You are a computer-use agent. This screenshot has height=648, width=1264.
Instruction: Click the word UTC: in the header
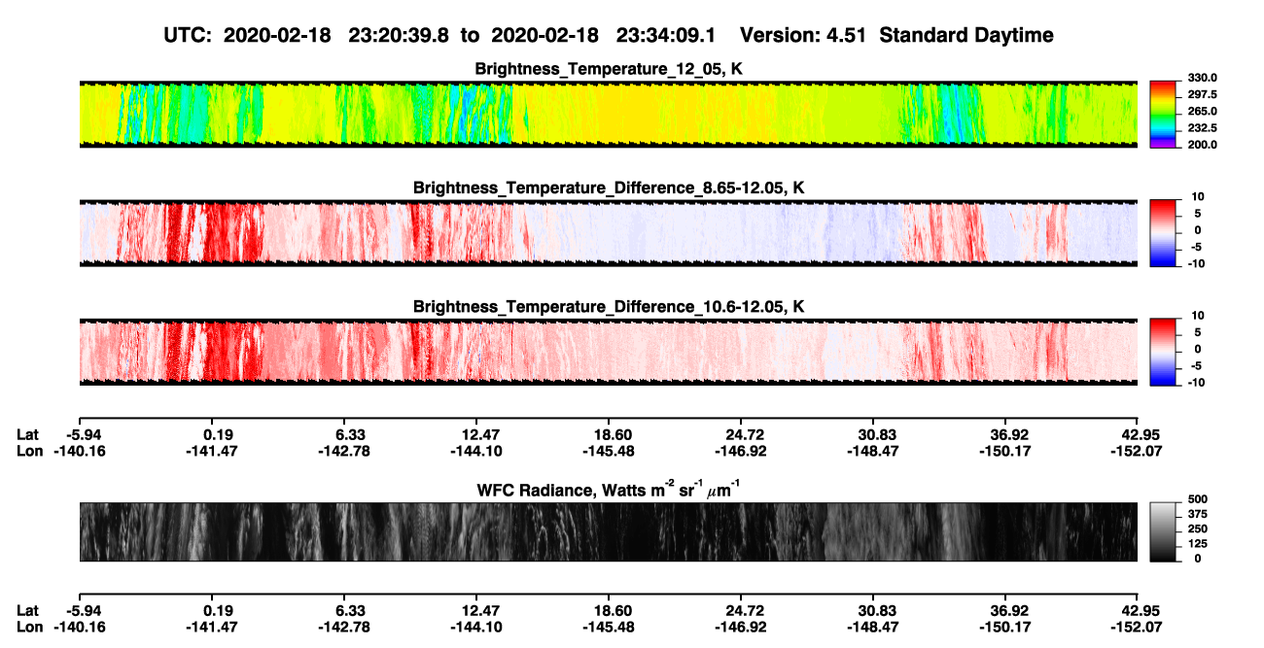[x=188, y=36]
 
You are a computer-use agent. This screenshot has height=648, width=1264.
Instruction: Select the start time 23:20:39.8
[x=399, y=36]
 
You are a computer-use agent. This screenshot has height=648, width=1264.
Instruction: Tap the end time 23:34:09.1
[x=666, y=36]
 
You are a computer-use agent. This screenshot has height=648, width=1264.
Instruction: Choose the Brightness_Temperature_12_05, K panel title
[x=609, y=69]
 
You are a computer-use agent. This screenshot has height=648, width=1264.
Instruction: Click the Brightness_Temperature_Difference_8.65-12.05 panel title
[x=609, y=188]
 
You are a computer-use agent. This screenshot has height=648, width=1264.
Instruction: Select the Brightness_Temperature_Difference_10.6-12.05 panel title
[x=609, y=307]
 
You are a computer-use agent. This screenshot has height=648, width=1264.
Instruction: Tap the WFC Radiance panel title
[x=608, y=490]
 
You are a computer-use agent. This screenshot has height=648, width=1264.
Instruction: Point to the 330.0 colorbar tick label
[x=1202, y=78]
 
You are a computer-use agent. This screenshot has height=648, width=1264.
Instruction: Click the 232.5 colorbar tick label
[x=1202, y=128]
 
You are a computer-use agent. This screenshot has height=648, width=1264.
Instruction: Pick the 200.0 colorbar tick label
[x=1202, y=145]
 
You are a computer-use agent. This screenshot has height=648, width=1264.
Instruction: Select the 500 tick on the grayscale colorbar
[x=1198, y=499]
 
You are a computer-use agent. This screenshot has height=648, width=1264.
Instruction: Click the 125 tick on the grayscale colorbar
[x=1198, y=544]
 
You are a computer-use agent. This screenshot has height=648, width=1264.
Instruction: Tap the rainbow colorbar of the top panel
[x=1163, y=115]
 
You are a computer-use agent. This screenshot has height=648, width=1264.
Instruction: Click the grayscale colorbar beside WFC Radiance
[x=1163, y=531]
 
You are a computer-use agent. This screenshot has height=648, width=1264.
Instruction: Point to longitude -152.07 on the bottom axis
[x=1137, y=628]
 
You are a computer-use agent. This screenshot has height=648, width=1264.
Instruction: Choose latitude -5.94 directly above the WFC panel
[x=84, y=435]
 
